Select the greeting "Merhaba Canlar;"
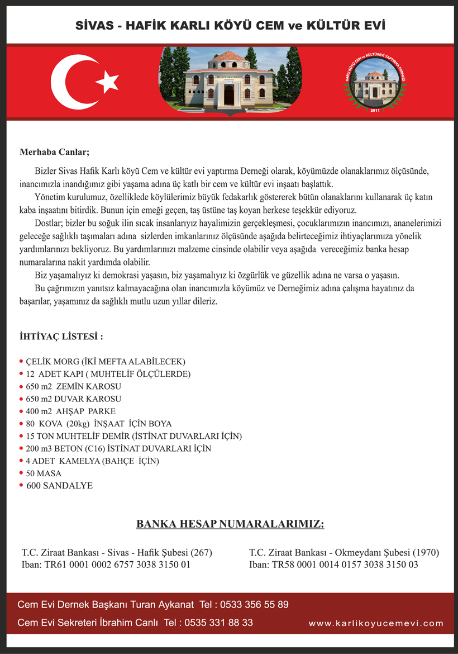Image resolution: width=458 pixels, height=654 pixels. (54, 151)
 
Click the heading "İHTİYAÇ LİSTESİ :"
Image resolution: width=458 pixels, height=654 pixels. (61, 337)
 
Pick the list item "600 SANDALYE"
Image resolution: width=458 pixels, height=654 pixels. (59, 486)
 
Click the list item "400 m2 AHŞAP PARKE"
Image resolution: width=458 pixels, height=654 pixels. (70, 411)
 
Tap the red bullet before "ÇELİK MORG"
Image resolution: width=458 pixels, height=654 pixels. (21, 362)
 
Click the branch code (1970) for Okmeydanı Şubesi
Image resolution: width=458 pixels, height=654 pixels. (426, 552)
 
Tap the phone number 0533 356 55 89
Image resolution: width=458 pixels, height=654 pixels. (254, 604)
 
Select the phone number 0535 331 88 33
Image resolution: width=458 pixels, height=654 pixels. (218, 622)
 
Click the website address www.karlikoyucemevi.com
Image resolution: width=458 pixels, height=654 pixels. (376, 623)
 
